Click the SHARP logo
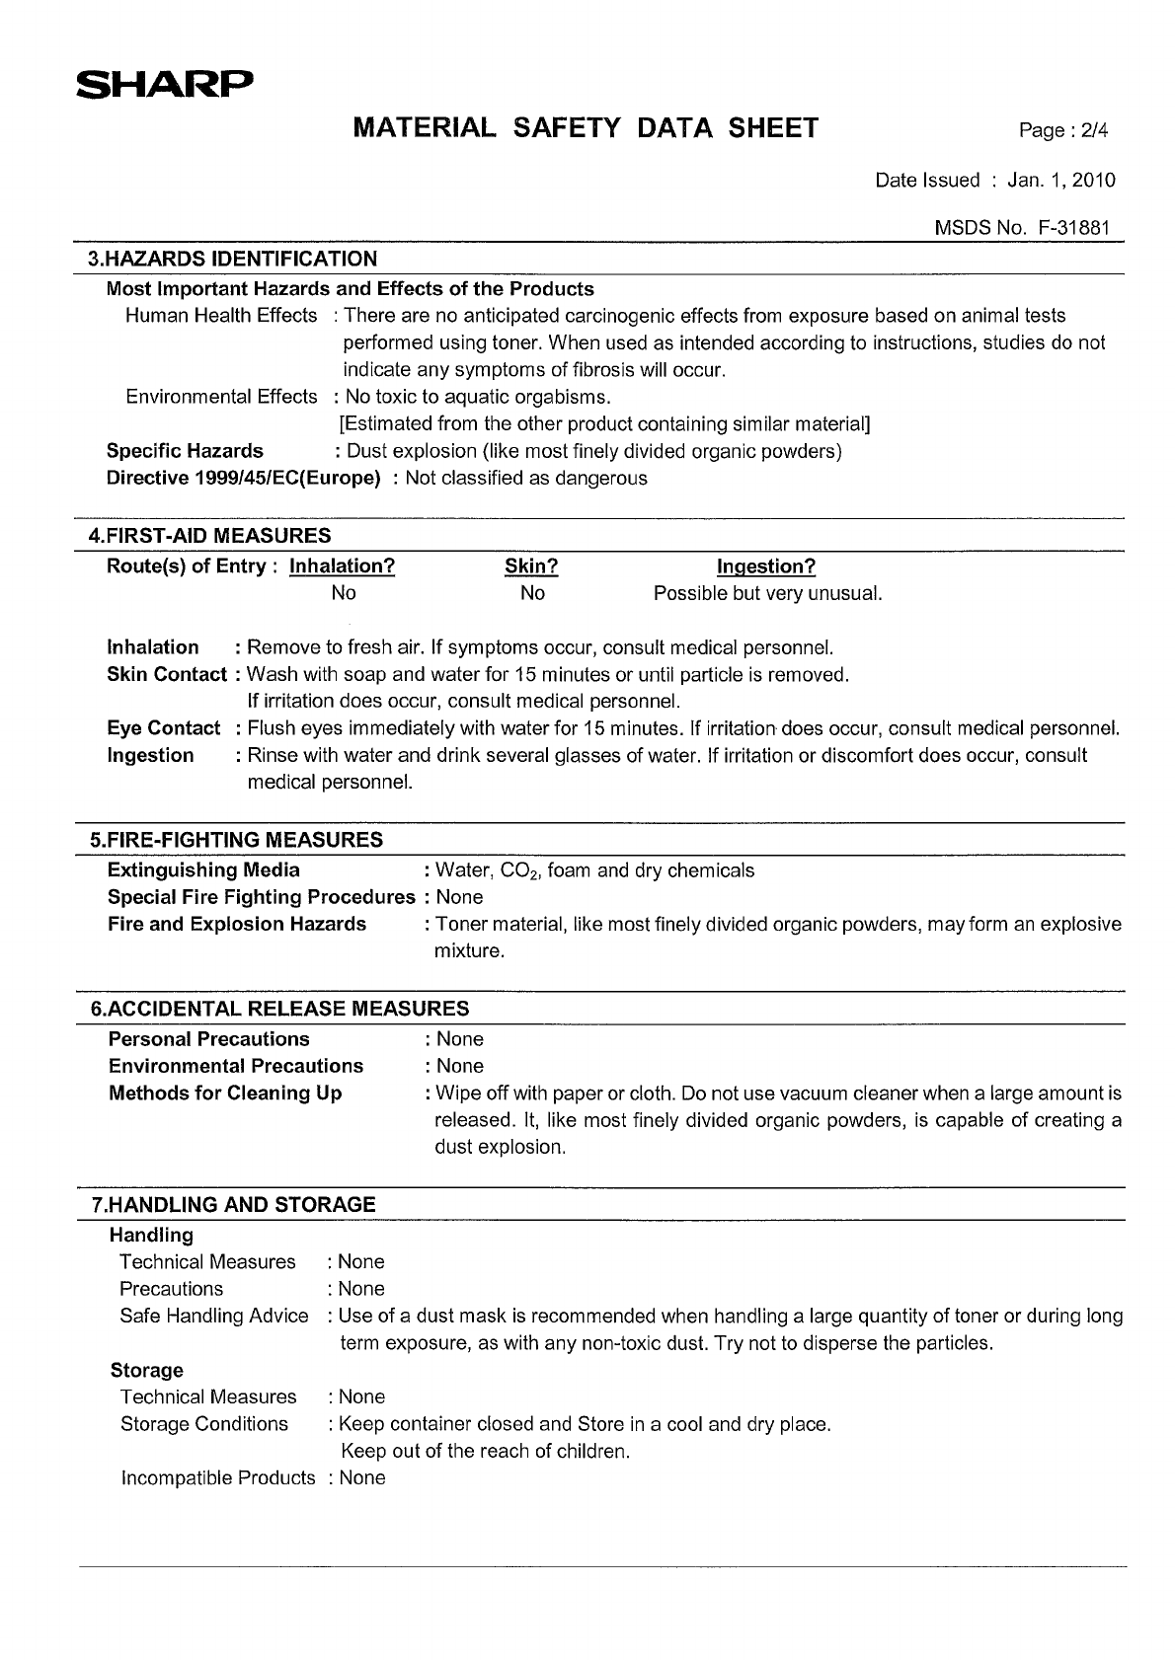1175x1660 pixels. [164, 86]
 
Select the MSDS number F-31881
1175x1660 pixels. [1074, 228]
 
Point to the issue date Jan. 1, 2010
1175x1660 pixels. [1061, 180]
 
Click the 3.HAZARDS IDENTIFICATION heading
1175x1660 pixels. [233, 260]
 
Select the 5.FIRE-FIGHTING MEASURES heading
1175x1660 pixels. [236, 840]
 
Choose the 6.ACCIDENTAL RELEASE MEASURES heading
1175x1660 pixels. [279, 1009]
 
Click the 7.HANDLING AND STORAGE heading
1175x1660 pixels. [233, 1205]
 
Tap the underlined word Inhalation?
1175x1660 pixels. [342, 566]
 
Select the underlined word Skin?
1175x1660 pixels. [531, 566]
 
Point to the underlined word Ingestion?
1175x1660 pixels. [766, 566]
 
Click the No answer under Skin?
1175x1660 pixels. [532, 593]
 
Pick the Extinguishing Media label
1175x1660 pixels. [203, 870]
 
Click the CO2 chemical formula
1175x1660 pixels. [519, 871]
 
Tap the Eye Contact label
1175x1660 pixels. [164, 728]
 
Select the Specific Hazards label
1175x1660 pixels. [185, 451]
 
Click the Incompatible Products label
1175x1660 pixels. [218, 1477]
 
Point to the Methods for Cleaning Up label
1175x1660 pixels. [225, 1094]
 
